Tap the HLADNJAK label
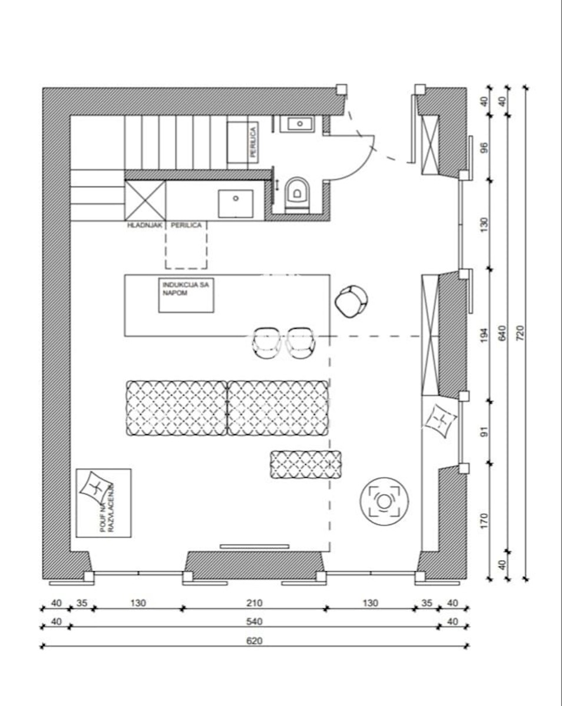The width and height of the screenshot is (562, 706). point(145,225)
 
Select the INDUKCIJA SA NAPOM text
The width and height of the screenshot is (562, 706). point(186,289)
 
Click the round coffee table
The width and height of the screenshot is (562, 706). point(384,501)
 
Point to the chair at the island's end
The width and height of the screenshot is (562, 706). point(351,301)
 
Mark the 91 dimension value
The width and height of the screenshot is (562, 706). point(485,432)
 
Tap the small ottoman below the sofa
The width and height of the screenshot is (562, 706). point(306,465)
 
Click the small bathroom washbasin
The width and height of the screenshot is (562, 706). point(300,124)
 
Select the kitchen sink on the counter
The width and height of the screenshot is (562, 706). point(236,204)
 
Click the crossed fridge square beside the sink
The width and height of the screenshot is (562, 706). point(145,200)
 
